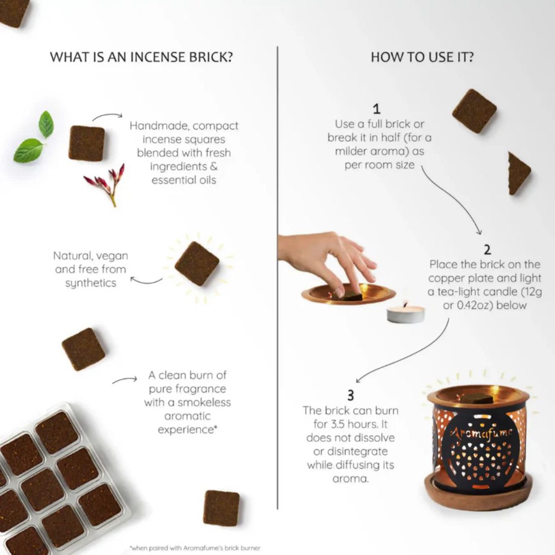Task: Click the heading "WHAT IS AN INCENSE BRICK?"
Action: coord(141,57)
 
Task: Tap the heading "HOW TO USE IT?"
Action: coord(422,57)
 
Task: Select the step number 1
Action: coord(377,109)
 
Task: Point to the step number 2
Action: coord(487,250)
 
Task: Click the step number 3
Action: coord(350,395)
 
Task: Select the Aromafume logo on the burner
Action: coord(482,433)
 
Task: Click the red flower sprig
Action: coord(107,183)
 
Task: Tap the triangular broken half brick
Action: coord(517,173)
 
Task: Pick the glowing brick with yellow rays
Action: coord(197,264)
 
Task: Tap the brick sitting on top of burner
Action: coord(476,398)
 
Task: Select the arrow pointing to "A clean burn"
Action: coord(124,380)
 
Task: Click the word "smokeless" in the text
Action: coord(205,402)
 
